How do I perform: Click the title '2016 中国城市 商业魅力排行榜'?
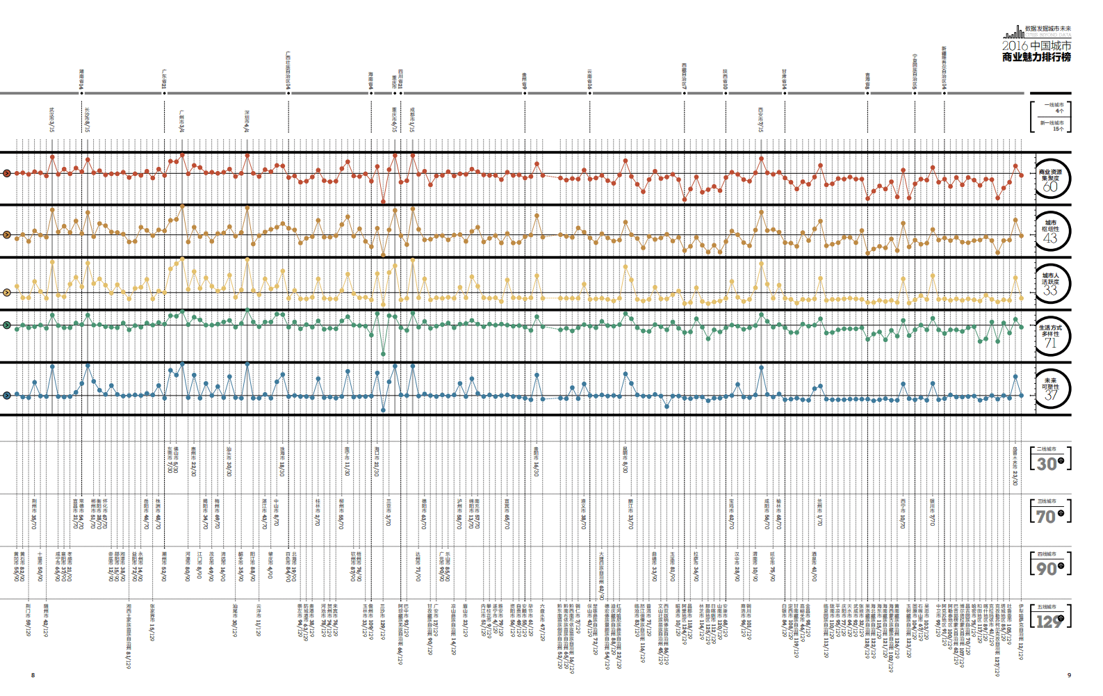[x=1036, y=51]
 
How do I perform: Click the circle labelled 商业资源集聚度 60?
[x=1050, y=179]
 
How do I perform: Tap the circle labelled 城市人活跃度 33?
[x=1050, y=284]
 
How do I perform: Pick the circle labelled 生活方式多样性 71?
[x=1050, y=336]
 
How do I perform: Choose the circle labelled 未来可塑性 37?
[x=1050, y=389]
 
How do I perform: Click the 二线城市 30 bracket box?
[x=1050, y=460]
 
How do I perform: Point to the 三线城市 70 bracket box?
[x=1050, y=512]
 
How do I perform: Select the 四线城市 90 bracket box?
[x=1050, y=564]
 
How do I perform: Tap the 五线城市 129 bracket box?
[x=1050, y=617]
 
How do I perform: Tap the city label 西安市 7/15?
[x=761, y=120]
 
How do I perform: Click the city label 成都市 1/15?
[x=412, y=120]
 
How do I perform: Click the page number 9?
[x=1069, y=675]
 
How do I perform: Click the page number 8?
[x=33, y=675]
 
